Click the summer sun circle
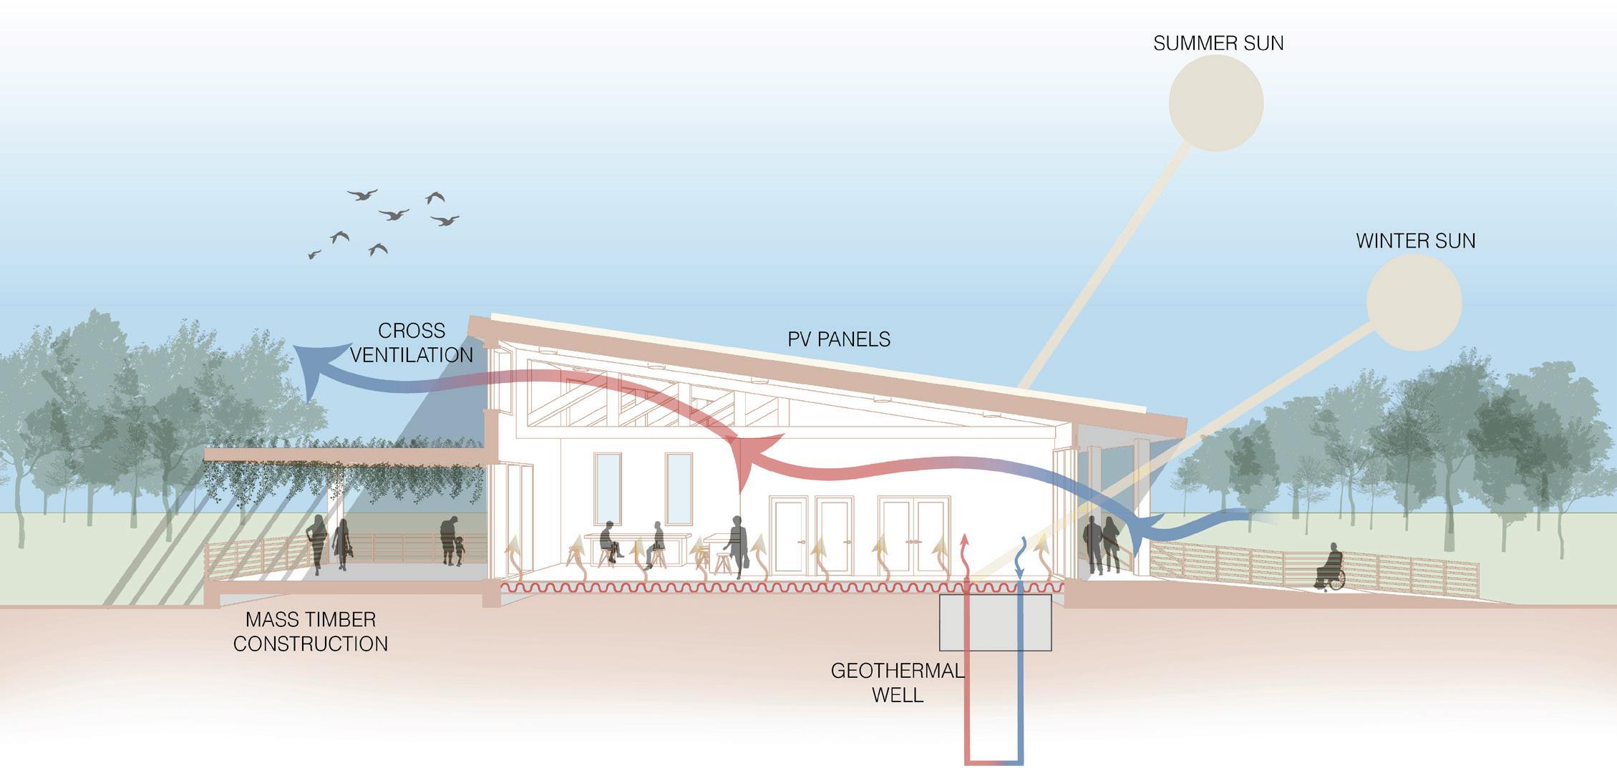click(x=1215, y=102)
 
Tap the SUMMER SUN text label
click(x=1218, y=44)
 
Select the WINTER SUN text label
click(x=1415, y=241)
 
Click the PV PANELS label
click(x=839, y=339)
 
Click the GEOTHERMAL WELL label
click(x=897, y=682)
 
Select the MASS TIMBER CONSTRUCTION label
click(x=311, y=631)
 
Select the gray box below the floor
click(x=995, y=623)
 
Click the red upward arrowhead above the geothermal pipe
click(x=964, y=542)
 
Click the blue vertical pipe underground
click(x=1019, y=702)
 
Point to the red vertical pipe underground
click(x=968, y=702)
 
